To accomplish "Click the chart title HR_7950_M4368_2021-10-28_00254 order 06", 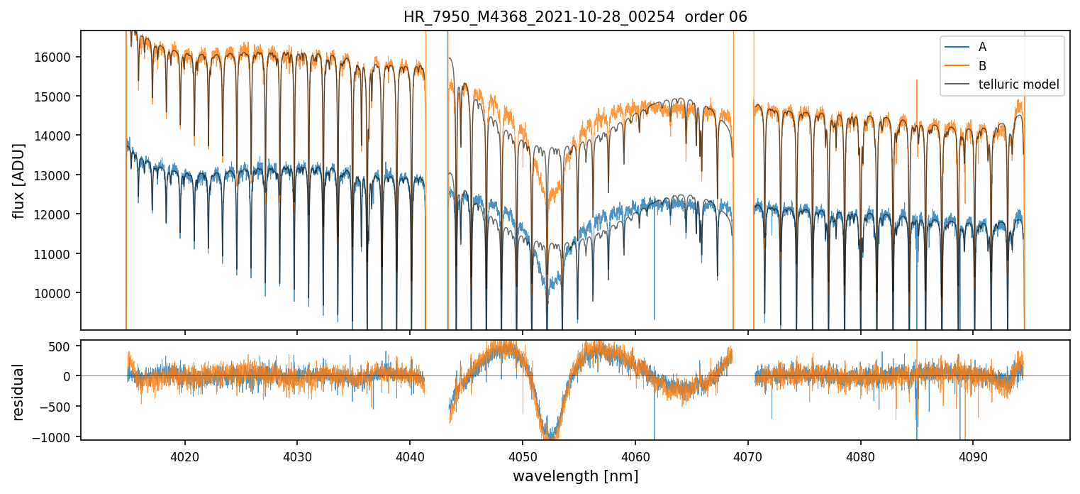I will (575, 17).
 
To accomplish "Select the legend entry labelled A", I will (982, 47).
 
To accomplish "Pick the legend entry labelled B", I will (982, 66).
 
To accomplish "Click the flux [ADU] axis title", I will (20, 180).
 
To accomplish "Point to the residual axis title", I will (18, 392).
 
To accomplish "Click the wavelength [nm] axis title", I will (575, 476).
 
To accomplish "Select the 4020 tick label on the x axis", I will (184, 454).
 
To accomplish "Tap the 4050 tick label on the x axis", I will (522, 454).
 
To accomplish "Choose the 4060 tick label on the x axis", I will (635, 454).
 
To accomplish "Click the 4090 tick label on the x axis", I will (972, 454).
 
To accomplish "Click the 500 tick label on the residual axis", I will (65, 346).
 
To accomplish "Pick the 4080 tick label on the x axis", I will (860, 454).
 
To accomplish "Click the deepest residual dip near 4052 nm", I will (549, 434).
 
